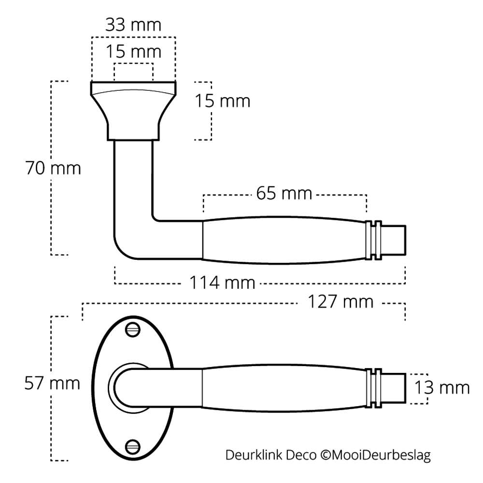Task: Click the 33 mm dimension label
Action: click(x=133, y=26)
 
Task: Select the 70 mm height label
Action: click(x=53, y=169)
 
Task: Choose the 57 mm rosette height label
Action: click(x=52, y=384)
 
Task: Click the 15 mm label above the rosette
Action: click(x=133, y=51)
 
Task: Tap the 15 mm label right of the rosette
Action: click(x=223, y=101)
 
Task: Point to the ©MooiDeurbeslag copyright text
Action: click(x=374, y=455)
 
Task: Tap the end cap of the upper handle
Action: click(x=395, y=240)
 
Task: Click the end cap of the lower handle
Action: click(x=395, y=387)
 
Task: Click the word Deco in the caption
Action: click(x=300, y=455)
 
